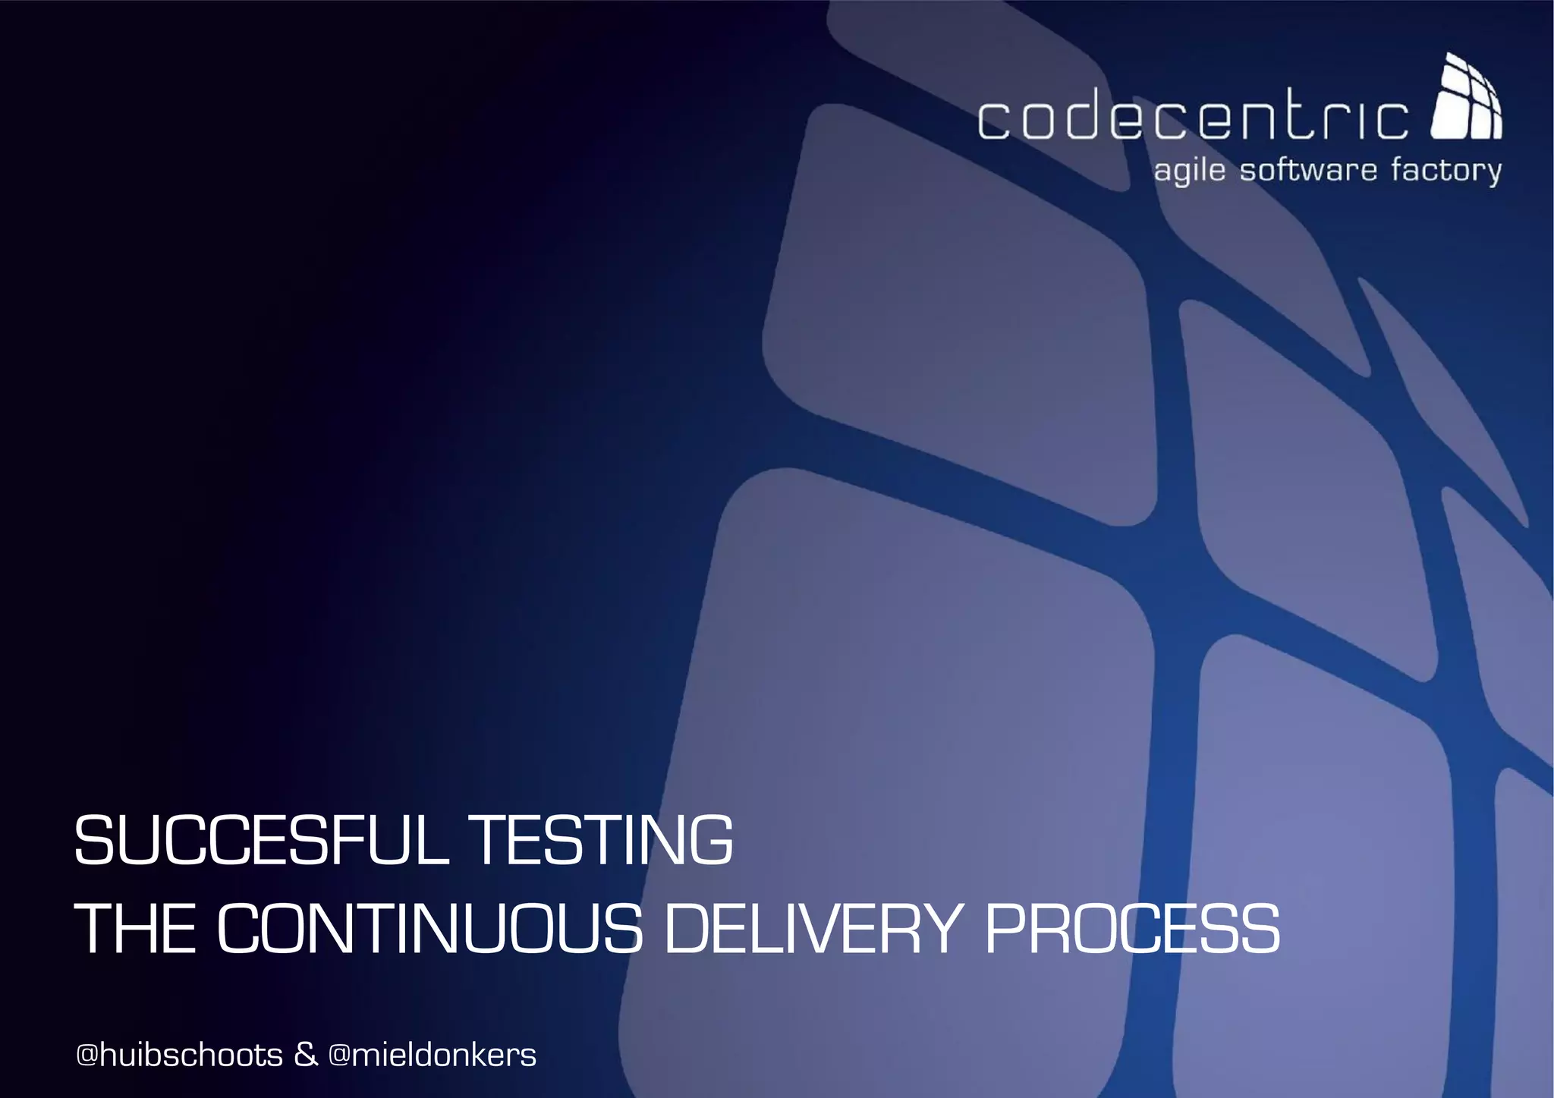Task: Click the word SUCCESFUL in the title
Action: (x=262, y=840)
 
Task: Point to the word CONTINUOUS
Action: (x=429, y=929)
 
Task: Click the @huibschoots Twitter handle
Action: (x=180, y=1055)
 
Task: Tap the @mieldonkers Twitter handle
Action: (x=433, y=1055)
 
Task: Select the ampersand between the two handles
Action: (x=305, y=1055)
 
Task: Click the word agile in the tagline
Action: (x=1189, y=171)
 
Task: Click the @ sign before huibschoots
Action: (x=87, y=1056)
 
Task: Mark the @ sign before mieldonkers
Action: (x=339, y=1056)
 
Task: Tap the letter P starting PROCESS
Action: (x=1007, y=929)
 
